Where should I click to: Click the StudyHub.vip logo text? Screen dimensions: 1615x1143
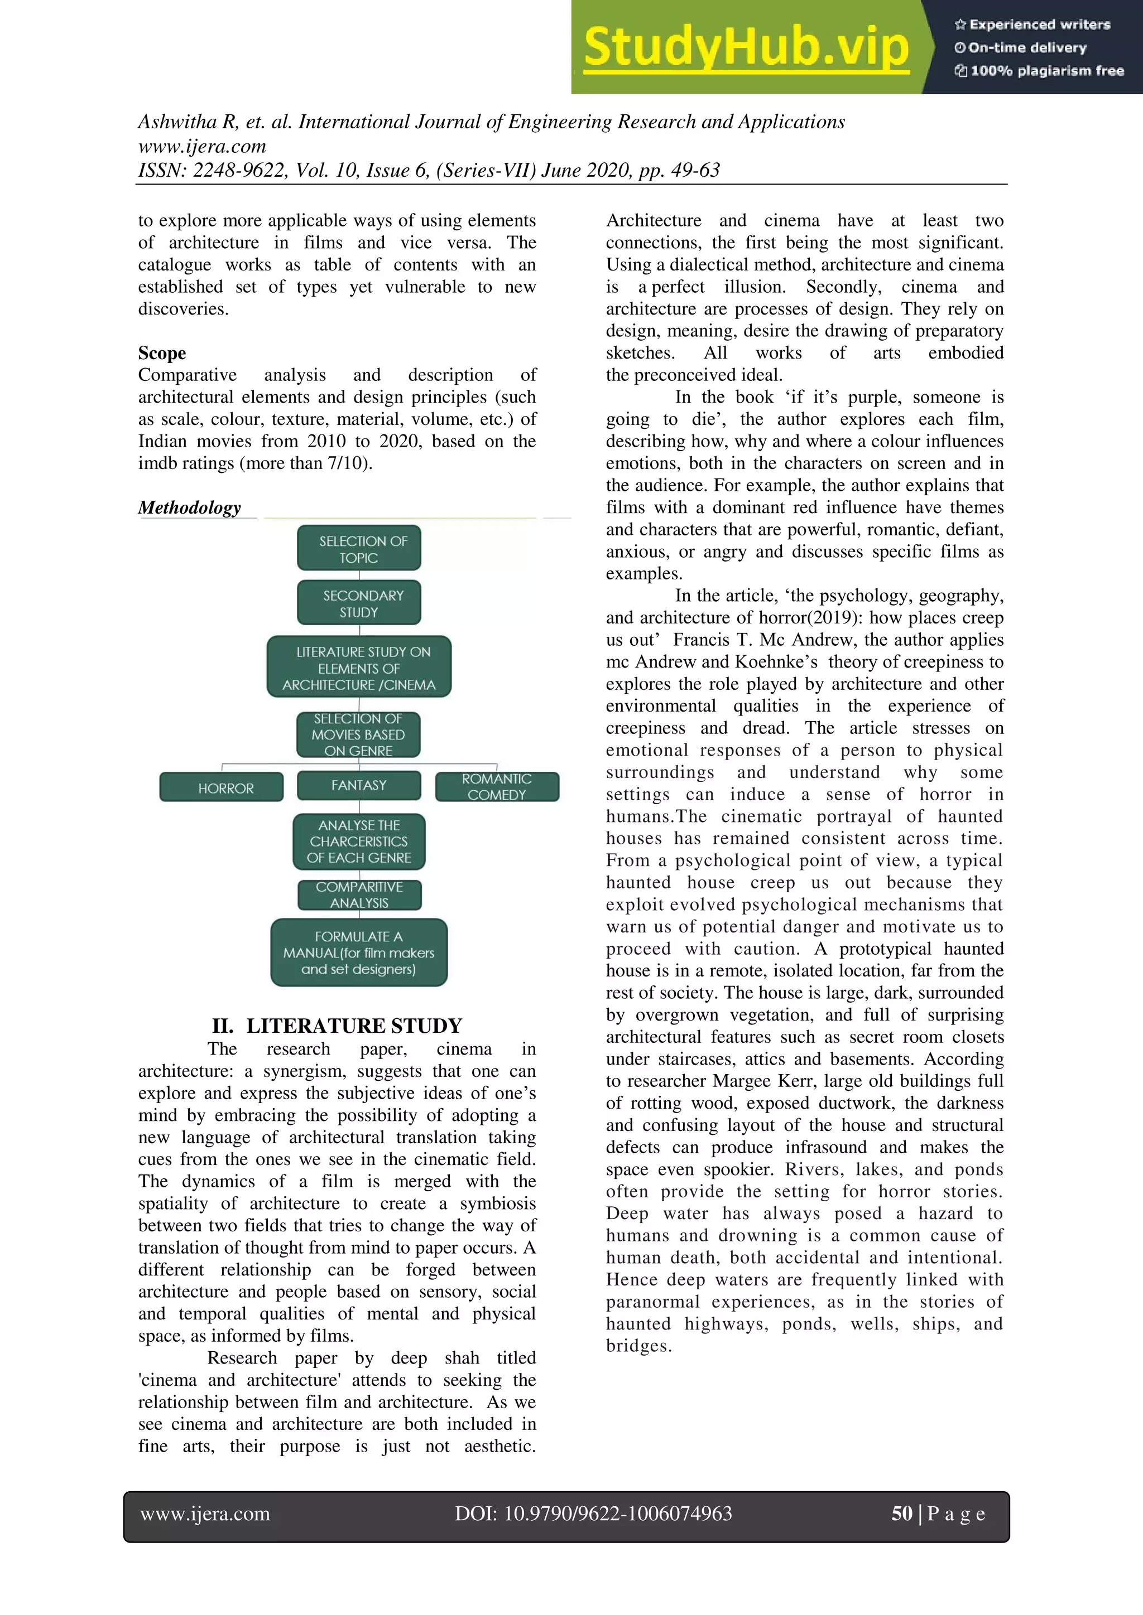(x=746, y=47)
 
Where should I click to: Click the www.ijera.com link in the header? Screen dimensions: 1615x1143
(x=202, y=146)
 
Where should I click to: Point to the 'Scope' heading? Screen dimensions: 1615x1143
(x=162, y=352)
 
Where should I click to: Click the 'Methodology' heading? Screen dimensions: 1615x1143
(x=189, y=507)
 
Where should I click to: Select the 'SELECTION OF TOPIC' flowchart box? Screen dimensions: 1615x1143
(x=359, y=549)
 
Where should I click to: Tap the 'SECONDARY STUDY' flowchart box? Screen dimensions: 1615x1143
(x=359, y=603)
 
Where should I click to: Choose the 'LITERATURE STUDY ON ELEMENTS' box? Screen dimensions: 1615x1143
(x=359, y=668)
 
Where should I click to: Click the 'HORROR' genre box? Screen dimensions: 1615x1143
(x=222, y=788)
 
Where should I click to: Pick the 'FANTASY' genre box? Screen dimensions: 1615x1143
(x=359, y=785)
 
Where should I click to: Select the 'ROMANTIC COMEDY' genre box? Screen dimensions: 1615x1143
(x=497, y=786)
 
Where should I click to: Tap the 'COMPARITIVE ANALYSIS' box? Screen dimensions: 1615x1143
(x=359, y=894)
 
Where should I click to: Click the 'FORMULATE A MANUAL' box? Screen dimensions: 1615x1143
(x=359, y=952)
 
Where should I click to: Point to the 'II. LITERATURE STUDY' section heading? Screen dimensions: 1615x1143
(x=337, y=1026)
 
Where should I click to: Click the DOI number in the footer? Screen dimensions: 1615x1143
(x=593, y=1513)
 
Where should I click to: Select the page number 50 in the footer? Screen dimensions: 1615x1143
(x=901, y=1513)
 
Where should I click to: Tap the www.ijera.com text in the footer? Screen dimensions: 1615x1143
(x=205, y=1513)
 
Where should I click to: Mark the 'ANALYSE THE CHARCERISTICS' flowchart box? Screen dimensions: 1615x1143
(x=359, y=842)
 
